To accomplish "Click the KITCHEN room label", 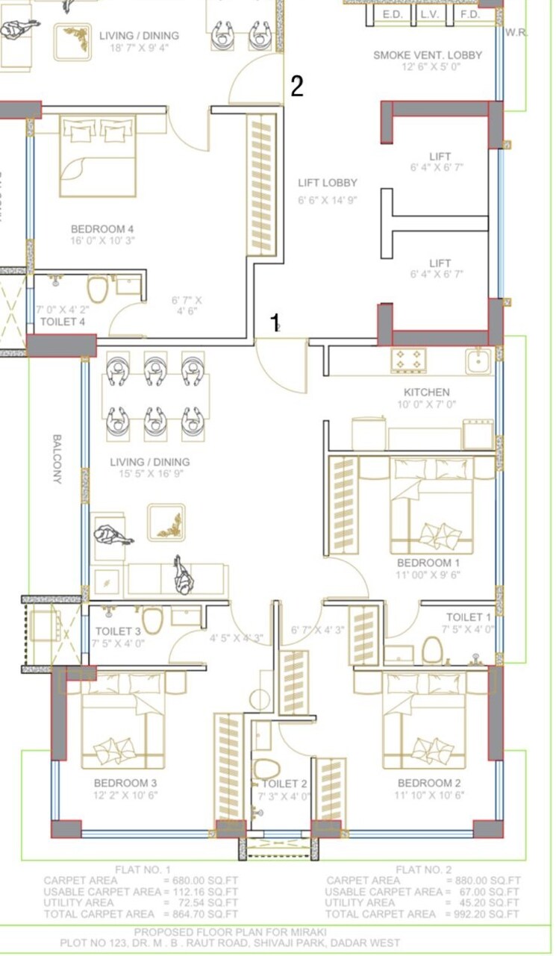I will point(426,392).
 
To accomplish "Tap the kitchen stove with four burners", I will point(408,360).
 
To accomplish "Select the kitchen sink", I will point(478,361).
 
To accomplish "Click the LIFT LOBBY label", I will point(328,183).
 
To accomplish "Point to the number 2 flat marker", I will point(296,87).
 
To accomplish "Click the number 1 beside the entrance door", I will point(275,322).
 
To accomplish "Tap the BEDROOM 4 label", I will point(102,228).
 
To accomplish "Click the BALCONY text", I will point(57,459).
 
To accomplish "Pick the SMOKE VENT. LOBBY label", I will point(427,54).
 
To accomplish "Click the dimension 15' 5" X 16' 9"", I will point(149,474).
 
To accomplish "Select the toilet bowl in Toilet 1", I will point(432,650).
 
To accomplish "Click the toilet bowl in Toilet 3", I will point(152,619).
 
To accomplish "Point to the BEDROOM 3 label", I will point(125,783).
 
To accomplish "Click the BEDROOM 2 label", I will point(428,783).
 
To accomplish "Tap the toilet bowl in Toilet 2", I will point(265,768).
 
